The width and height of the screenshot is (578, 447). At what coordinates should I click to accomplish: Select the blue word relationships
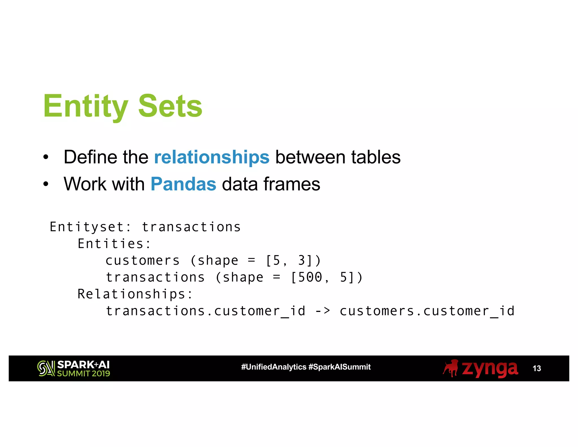(x=212, y=157)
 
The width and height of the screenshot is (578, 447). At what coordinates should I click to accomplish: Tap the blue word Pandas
(x=183, y=184)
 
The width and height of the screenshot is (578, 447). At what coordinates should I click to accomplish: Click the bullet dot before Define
(x=46, y=157)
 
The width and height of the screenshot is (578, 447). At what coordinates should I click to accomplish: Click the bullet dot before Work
(x=46, y=185)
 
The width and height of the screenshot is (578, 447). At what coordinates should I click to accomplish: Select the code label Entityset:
(x=91, y=227)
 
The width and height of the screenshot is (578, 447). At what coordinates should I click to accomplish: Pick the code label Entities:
(x=114, y=244)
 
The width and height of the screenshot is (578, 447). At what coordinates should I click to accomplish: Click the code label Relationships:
(x=135, y=294)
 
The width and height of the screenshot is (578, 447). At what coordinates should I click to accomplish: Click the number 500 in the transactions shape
(x=310, y=277)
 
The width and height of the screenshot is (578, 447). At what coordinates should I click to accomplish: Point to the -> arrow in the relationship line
(x=323, y=311)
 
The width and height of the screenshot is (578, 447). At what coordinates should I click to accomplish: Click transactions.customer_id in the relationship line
(x=205, y=311)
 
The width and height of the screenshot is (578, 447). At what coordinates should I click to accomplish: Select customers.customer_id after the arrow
(x=427, y=311)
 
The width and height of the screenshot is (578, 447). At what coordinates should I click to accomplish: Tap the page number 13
(x=537, y=368)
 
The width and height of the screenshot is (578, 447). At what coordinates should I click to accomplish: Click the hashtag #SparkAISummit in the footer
(x=340, y=367)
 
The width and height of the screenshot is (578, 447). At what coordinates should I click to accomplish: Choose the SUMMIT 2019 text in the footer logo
(x=84, y=374)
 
